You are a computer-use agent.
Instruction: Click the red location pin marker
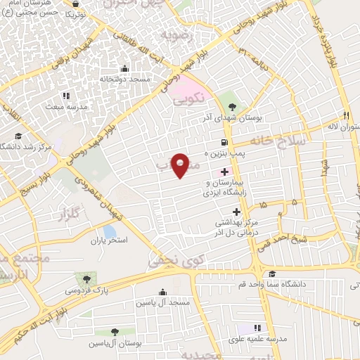pos(181,165)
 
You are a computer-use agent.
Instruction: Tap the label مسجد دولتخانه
pos(124,80)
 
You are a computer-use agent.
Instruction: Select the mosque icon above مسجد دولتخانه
pos(124,68)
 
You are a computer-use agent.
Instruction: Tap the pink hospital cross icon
pos(225,172)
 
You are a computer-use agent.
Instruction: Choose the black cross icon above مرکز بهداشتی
pos(236,211)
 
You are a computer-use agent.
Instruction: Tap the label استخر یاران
pos(107,241)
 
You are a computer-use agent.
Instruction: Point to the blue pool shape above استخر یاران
pos(109,230)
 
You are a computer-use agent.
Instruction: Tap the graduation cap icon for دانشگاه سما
pos(271,274)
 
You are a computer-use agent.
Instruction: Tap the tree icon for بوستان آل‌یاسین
pos(115,331)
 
